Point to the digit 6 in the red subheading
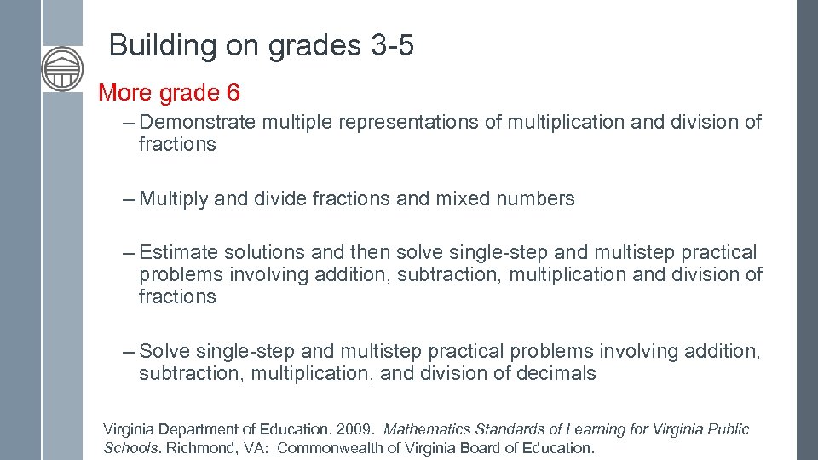[233, 92]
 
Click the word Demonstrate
[197, 123]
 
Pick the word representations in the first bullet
[408, 123]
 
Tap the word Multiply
[174, 199]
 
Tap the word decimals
[556, 374]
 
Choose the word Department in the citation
[204, 429]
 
